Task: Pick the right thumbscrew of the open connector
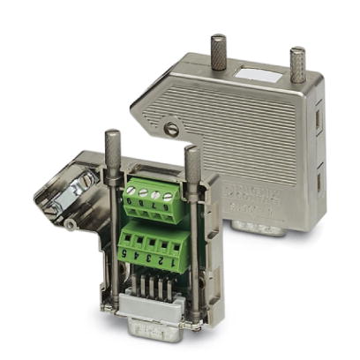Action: point(192,163)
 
